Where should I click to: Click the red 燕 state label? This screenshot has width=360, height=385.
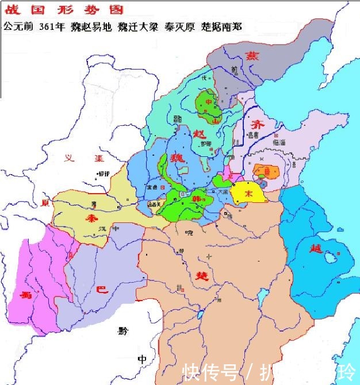click(251, 56)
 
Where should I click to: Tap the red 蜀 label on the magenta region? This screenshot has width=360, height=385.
click(25, 295)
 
